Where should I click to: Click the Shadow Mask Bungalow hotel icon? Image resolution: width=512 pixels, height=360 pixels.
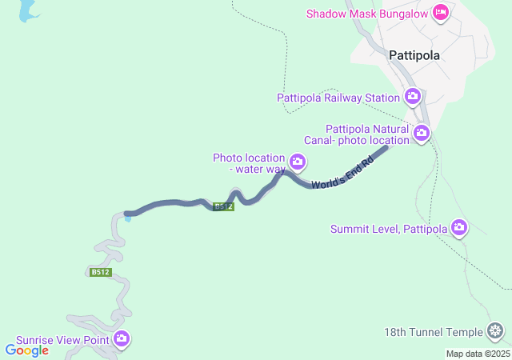coord(440,13)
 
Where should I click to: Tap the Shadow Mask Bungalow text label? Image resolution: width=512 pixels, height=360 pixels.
coord(368,13)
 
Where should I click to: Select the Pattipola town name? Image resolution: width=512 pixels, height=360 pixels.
coord(414,56)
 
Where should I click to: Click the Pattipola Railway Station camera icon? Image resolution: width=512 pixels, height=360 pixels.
coord(413,98)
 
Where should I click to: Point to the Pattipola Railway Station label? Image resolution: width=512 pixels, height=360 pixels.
coord(338,98)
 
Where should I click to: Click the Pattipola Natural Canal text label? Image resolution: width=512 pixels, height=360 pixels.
coord(367,134)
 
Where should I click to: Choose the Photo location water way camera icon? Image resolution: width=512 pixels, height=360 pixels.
coord(298,163)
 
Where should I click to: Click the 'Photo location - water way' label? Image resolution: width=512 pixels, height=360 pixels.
coord(249,163)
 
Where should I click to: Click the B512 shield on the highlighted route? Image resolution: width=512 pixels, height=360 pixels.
coord(223,206)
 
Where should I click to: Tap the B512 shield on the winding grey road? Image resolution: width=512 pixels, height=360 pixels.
coord(100,272)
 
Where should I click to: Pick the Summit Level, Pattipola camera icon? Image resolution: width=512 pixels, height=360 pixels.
coord(459,229)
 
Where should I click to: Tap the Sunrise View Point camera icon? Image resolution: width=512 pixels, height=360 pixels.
coord(122,339)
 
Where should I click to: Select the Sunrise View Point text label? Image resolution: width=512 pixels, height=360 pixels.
coord(63,340)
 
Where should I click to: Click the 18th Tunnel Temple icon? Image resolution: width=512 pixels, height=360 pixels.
coord(496,331)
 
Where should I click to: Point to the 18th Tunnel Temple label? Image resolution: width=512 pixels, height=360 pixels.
coord(434,332)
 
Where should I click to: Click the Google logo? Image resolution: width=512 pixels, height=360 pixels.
coord(26,350)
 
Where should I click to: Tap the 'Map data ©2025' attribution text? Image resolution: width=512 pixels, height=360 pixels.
coord(477,354)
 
